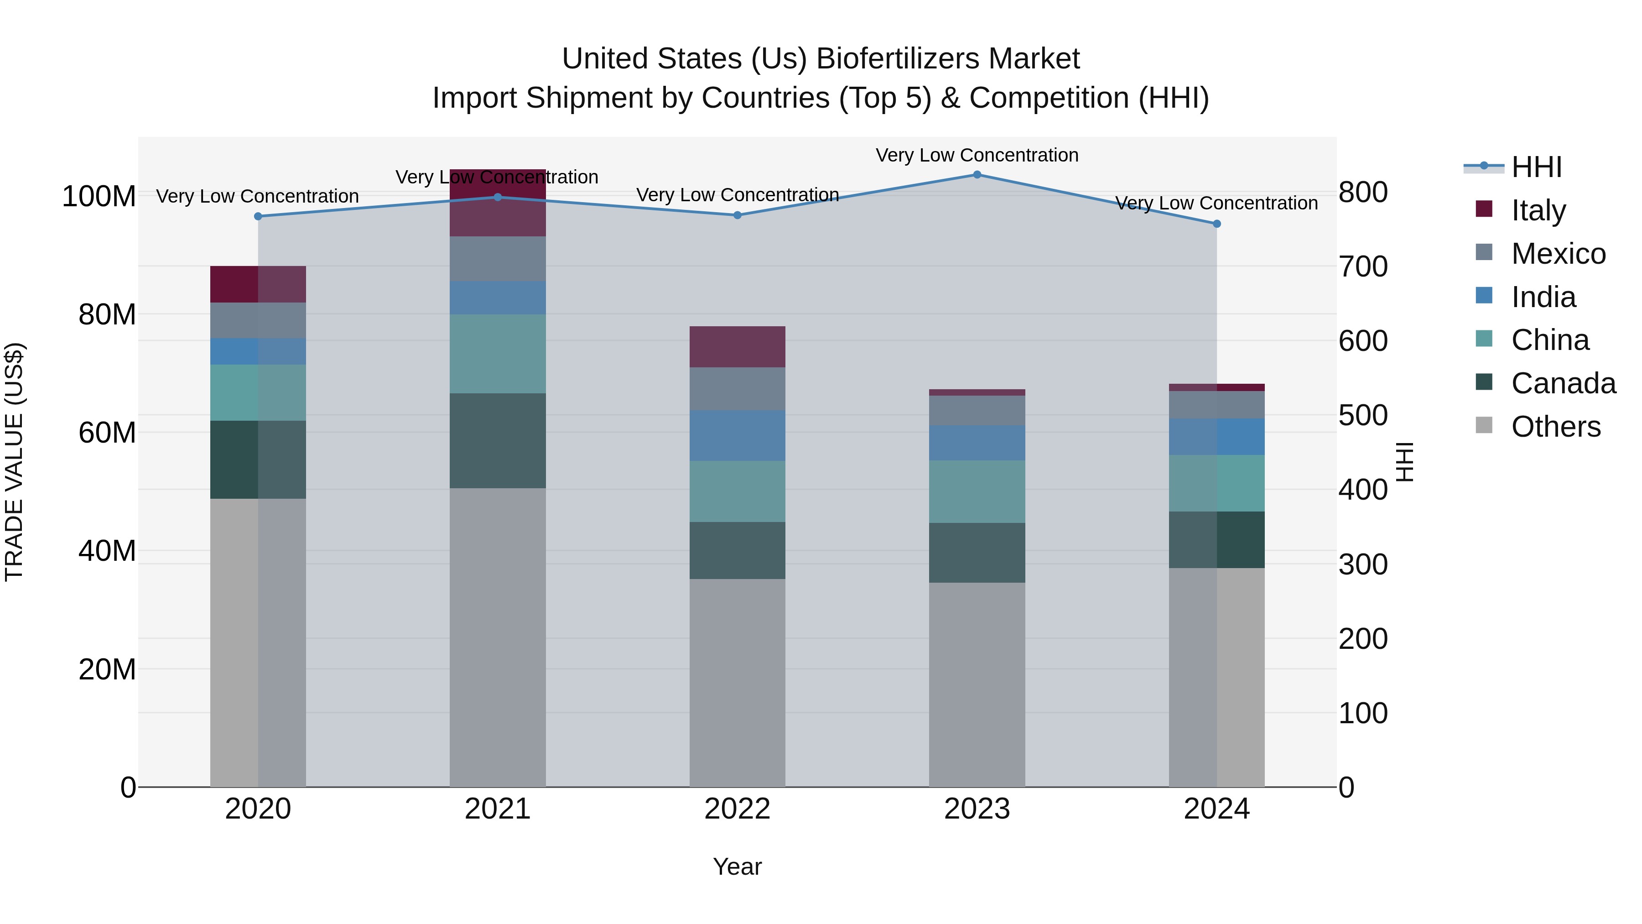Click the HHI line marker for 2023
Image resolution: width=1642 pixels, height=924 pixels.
[x=977, y=175]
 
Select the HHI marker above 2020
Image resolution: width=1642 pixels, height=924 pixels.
[x=258, y=216]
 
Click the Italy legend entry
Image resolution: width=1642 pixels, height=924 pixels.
[x=1538, y=210]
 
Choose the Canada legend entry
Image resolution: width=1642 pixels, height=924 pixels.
[x=1563, y=383]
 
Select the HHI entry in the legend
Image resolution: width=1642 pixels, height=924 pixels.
[x=1536, y=167]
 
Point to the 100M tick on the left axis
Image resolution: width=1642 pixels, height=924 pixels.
[x=99, y=196]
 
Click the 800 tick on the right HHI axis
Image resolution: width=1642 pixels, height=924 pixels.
[x=1363, y=192]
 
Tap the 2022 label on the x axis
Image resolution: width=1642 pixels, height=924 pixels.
[x=737, y=809]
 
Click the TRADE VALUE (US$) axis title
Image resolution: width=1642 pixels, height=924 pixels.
[x=14, y=462]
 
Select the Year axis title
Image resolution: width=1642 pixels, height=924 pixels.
[x=737, y=867]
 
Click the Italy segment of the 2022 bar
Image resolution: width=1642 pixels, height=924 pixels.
[x=737, y=347]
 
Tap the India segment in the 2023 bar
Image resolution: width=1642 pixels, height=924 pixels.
[x=977, y=443]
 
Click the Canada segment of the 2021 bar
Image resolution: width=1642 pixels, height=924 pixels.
[x=497, y=441]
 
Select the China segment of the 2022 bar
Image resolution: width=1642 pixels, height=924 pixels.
[x=737, y=491]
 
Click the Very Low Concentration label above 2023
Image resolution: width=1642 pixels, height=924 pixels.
[x=977, y=155]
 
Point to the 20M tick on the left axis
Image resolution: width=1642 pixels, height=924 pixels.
[x=106, y=669]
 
